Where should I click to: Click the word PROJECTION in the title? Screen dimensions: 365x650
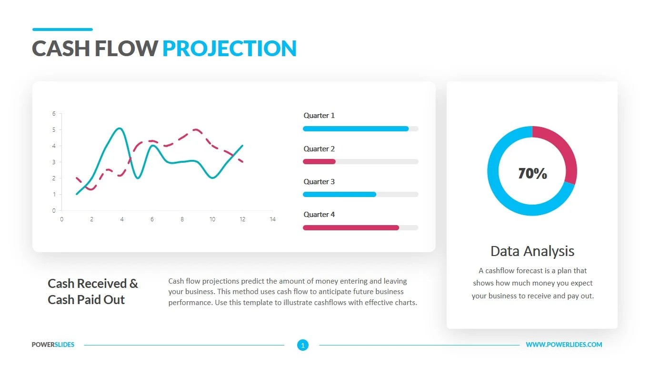[x=230, y=49]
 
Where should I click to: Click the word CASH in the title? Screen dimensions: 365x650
[x=60, y=49]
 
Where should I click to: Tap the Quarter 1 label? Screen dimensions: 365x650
[x=319, y=116]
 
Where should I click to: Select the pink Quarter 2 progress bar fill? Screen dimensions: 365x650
[x=319, y=162]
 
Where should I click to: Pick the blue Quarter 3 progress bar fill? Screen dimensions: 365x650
[x=339, y=194]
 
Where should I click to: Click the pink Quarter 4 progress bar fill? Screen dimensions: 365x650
[x=350, y=227]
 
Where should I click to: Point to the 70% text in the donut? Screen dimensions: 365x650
[x=532, y=174]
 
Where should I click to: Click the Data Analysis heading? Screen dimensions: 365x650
[x=532, y=251]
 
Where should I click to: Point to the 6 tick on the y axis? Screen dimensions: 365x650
[x=54, y=114]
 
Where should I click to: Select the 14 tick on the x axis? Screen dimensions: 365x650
[x=272, y=219]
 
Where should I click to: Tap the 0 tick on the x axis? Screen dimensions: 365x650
[x=61, y=219]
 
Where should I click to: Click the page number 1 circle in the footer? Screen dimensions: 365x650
[x=303, y=345]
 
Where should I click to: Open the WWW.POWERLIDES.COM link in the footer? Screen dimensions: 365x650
[x=564, y=345]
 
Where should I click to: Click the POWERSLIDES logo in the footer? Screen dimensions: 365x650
[x=53, y=345]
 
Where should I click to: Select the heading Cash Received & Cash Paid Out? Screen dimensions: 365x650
[x=92, y=291]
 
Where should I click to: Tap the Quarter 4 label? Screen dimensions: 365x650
[x=319, y=215]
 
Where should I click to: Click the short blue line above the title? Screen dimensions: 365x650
[x=62, y=30]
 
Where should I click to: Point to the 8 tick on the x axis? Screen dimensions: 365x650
[x=182, y=219]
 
